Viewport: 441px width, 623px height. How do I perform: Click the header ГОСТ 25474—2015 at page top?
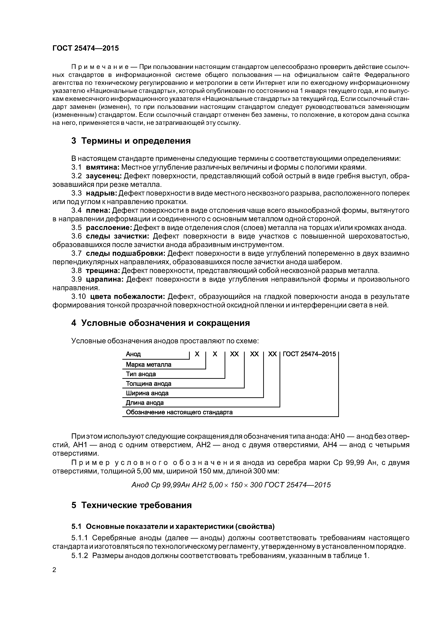tap(86, 48)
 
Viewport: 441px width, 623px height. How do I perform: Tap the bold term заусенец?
tap(104, 176)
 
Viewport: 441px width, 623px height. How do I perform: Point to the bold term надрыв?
tap(101, 193)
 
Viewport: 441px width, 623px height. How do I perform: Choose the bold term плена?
tap(98, 210)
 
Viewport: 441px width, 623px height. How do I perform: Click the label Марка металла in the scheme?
tap(148, 364)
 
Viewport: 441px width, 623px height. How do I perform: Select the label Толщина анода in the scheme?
tap(148, 384)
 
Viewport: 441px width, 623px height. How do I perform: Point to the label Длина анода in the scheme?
tap(145, 403)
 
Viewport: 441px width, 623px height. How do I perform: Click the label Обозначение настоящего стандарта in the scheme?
tap(179, 412)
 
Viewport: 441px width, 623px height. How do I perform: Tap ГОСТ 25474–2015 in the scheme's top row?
tap(309, 354)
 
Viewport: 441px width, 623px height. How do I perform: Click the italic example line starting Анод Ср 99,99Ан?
tap(231, 485)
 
